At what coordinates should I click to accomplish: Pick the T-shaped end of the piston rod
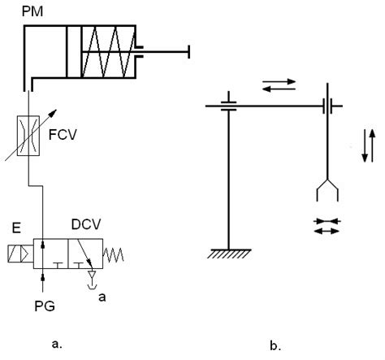(188, 51)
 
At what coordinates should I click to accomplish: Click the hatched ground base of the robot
(229, 254)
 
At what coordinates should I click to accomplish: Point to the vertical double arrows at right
(366, 145)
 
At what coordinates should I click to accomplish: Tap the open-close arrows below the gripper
(327, 226)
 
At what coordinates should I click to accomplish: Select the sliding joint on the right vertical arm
(327, 106)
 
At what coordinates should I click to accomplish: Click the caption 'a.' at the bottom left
(58, 345)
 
